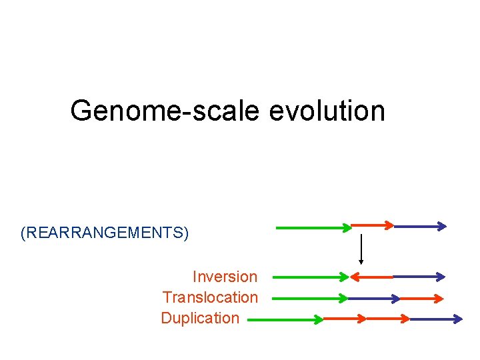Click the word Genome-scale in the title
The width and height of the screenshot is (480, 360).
pos(164,111)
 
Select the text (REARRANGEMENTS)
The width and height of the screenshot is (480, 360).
pos(105,233)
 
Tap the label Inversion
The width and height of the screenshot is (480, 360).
pos(225,277)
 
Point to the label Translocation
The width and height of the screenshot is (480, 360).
pos(210,297)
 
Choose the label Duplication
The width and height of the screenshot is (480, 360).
pos(200,318)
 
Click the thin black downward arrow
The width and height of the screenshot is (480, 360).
pos(361,249)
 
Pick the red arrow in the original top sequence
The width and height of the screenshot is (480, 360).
pos(373,225)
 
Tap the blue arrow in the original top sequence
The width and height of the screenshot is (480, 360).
pos(420,227)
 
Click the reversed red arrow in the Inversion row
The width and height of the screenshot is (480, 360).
pos(372,276)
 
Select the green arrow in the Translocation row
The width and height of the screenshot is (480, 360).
pos(310,298)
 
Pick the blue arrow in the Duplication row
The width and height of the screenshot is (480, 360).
pos(435,319)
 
